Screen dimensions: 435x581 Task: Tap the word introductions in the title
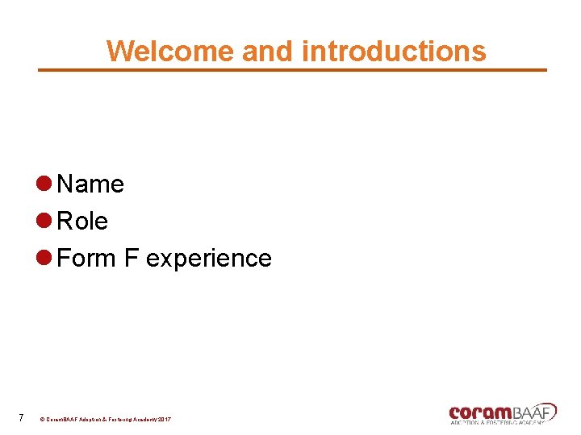pyautogui.click(x=394, y=51)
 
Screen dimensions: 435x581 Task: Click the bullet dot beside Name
pyautogui.click(x=45, y=184)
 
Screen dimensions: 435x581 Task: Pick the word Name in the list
pyautogui.click(x=91, y=184)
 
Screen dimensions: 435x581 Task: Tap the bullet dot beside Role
pyautogui.click(x=45, y=221)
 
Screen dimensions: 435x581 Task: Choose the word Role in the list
pyautogui.click(x=83, y=222)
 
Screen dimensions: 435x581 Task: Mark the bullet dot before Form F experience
pyautogui.click(x=45, y=258)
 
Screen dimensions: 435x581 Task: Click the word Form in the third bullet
pyautogui.click(x=87, y=259)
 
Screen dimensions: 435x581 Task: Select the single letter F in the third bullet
pyautogui.click(x=131, y=259)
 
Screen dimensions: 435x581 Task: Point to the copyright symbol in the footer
pyautogui.click(x=43, y=420)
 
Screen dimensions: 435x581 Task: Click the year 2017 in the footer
pyautogui.click(x=164, y=420)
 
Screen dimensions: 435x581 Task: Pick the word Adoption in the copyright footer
pyautogui.click(x=82, y=420)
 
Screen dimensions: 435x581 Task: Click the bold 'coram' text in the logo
pyautogui.click(x=477, y=412)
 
